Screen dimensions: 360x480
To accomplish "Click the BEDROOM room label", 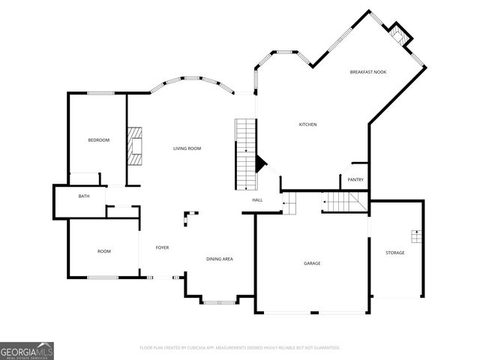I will pos(99,140).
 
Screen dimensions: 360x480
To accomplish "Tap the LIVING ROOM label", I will pos(187,148).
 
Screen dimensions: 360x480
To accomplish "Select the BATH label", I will pos(84,196).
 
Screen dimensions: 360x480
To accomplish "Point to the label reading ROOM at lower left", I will pos(103,251).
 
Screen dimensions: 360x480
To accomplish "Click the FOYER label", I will pos(162,247).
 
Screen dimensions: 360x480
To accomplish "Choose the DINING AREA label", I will pos(220,259).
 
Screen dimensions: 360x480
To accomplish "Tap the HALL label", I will pos(257,200).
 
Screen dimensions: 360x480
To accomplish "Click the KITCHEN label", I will pos(308,124).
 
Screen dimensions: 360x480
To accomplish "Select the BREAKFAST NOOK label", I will pos(367,72).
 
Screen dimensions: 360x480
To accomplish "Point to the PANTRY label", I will pos(355,179).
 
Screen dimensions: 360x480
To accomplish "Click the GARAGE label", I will pos(312,263).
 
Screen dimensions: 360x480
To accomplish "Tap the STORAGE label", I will pos(394,253).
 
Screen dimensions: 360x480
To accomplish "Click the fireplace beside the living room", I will pos(135,145).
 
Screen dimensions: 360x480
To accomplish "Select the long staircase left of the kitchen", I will pos(245,153).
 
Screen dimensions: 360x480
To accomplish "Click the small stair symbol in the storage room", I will pos(415,236).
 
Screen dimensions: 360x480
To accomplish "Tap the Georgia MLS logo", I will pos(27,350).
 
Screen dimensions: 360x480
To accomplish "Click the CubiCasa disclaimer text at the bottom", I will pos(240,348).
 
